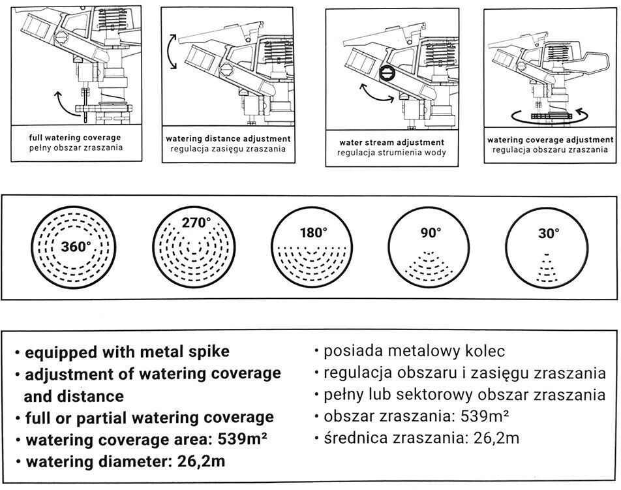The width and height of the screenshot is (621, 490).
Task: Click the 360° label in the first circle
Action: tap(76, 248)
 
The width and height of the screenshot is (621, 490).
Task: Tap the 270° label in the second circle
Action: tap(196, 223)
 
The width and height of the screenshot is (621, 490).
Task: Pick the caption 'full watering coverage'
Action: tap(75, 138)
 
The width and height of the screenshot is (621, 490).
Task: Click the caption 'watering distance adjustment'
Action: tap(228, 139)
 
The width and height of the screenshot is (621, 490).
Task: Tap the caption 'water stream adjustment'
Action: tap(392, 142)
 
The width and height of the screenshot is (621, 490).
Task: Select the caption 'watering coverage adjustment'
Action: tap(551, 140)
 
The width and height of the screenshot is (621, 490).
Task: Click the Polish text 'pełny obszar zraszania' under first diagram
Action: tap(75, 148)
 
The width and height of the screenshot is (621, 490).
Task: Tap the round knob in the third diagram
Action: tap(387, 72)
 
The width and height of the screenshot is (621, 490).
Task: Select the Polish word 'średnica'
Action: tap(349, 438)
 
